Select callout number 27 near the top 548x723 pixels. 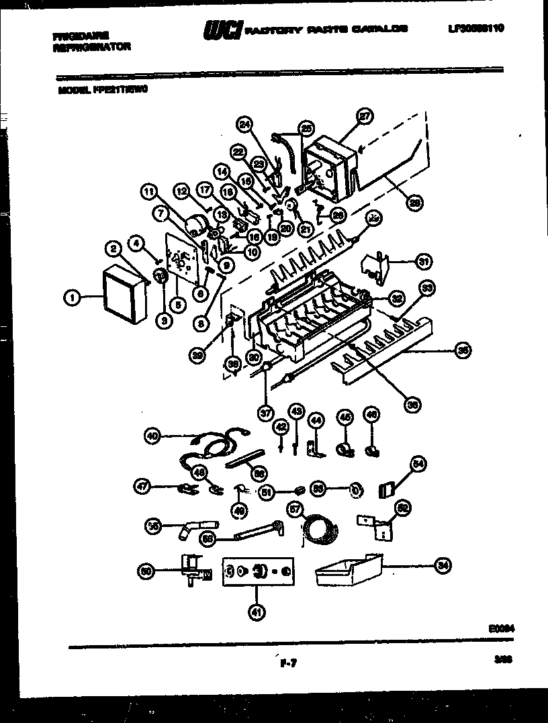(363, 116)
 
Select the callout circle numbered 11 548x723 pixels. (148, 191)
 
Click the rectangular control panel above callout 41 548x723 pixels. (258, 571)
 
